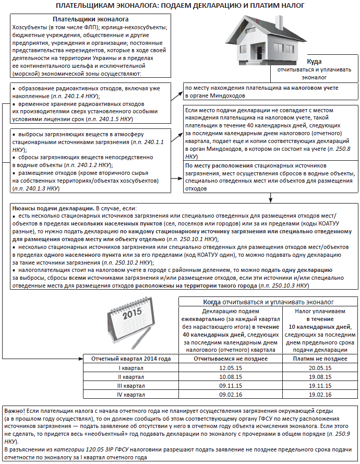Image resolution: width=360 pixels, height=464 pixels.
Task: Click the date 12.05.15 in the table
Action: click(x=230, y=368)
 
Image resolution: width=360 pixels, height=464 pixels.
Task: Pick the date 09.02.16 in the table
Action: click(x=230, y=394)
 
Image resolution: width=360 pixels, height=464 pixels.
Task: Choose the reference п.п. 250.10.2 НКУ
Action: click(x=127, y=263)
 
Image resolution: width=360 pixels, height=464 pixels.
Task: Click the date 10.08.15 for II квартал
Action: click(x=230, y=377)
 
